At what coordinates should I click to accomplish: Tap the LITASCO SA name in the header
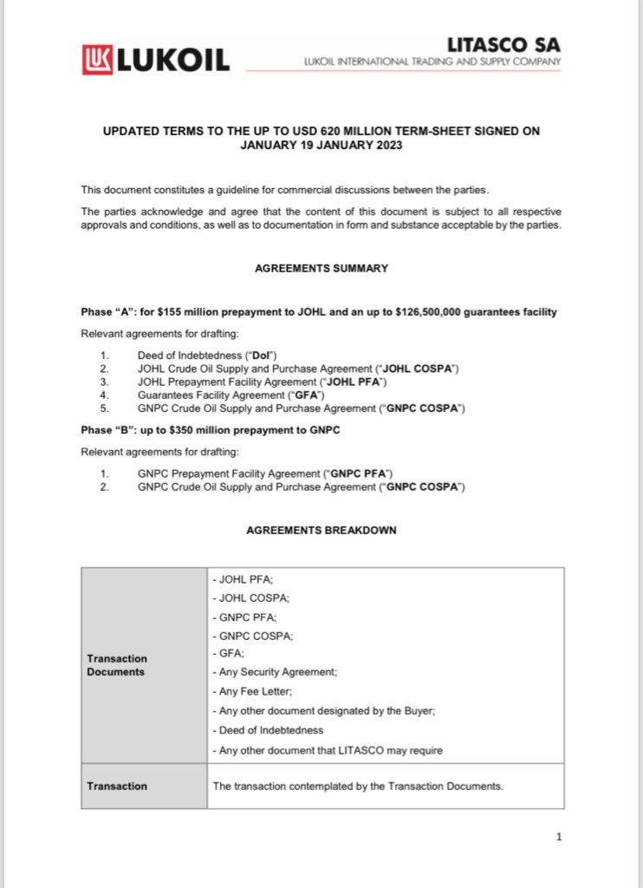coord(503,44)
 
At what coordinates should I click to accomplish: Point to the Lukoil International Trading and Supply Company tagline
coord(432,62)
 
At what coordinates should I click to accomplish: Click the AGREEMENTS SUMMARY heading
coord(321,269)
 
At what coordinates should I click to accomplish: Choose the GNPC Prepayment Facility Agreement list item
coord(265,473)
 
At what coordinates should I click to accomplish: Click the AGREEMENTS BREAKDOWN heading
coord(321,530)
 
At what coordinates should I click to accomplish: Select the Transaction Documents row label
coord(117,665)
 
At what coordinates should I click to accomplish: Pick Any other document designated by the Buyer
coord(323,711)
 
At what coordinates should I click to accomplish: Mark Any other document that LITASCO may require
coord(327,750)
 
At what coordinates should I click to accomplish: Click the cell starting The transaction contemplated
coord(357,787)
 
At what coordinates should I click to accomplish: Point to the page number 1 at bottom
coord(559,837)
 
